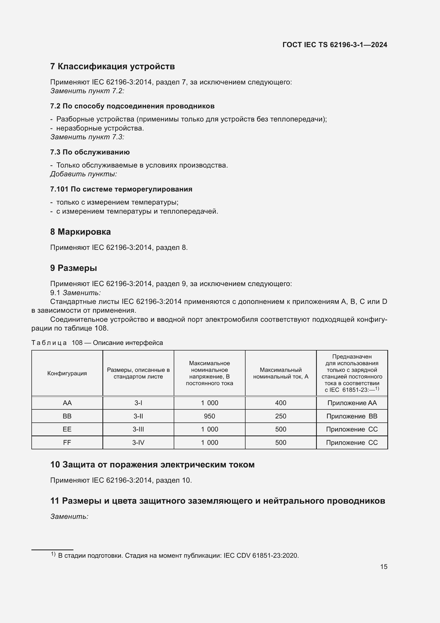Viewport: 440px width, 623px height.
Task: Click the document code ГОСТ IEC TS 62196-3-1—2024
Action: click(x=335, y=45)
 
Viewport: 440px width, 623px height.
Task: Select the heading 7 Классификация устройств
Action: click(x=113, y=67)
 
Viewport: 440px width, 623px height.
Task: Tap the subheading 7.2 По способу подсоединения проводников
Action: click(x=132, y=106)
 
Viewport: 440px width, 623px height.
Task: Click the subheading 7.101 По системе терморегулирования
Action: click(x=121, y=189)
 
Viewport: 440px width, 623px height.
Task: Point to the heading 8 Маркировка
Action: click(x=80, y=232)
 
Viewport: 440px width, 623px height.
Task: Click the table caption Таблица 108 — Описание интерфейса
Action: click(x=97, y=343)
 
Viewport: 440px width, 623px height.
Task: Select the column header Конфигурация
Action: click(x=67, y=373)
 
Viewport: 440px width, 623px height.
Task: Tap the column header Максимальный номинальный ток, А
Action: click(x=280, y=373)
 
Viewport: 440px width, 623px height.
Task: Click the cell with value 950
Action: click(x=209, y=416)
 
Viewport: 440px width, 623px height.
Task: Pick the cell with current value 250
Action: click(x=280, y=416)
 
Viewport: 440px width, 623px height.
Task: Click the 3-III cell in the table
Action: click(x=138, y=429)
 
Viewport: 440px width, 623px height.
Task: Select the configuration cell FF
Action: click(x=67, y=443)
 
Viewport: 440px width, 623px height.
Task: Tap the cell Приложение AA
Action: click(x=352, y=403)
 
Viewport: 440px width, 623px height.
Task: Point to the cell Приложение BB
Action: click(x=352, y=416)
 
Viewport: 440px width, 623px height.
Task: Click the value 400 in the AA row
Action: click(x=280, y=403)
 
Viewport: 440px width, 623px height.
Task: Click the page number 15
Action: click(x=384, y=567)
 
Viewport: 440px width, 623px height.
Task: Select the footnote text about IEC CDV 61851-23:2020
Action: click(x=178, y=555)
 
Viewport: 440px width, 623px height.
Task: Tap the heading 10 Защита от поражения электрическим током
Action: click(x=152, y=465)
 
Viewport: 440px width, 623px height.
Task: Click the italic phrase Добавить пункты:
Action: click(x=84, y=174)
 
